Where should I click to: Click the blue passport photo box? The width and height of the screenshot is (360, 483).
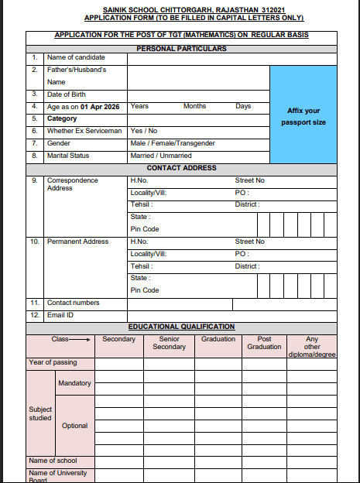coord(303,116)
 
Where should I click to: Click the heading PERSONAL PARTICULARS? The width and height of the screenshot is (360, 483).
coord(181,49)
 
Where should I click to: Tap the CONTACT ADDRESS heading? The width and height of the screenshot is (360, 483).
coord(181,168)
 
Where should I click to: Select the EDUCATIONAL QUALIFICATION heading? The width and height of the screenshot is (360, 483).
coord(181,327)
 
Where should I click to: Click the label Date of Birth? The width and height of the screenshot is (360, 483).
coord(68,94)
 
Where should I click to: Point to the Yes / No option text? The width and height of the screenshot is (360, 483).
coord(144,131)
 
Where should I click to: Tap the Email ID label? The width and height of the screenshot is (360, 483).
coord(61,315)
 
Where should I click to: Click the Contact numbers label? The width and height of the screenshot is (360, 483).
coord(73,303)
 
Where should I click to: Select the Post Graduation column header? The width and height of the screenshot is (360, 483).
coord(264,343)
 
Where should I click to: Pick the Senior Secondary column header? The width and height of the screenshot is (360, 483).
coord(169,343)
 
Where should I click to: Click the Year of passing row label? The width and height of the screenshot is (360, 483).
coord(53,362)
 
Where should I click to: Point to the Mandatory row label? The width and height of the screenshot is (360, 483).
coord(74,383)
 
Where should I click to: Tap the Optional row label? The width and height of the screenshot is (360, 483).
coord(74,426)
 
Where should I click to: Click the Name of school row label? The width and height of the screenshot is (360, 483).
coord(53,461)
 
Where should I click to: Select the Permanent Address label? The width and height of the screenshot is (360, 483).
coord(77,241)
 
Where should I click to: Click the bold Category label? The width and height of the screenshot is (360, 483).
coord(62,118)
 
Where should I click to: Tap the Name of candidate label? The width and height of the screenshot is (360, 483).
coord(76,57)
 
